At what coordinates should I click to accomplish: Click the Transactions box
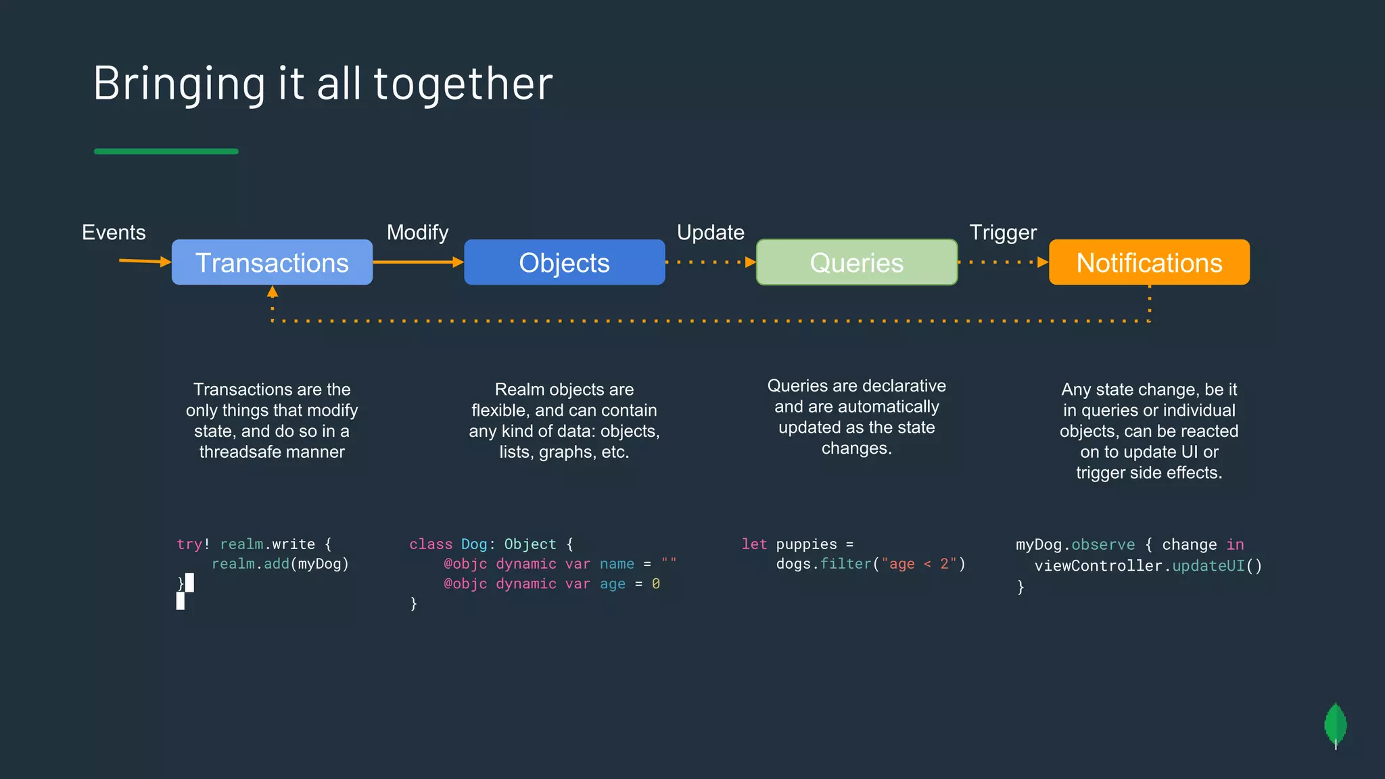click(272, 262)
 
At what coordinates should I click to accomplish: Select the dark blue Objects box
click(564, 262)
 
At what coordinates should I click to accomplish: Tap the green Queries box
click(856, 262)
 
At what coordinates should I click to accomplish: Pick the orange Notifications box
click(1149, 262)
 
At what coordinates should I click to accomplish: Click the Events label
click(114, 233)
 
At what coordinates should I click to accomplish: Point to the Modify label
click(417, 233)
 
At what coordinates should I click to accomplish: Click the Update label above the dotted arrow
click(710, 233)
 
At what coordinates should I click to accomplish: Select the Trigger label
click(1003, 233)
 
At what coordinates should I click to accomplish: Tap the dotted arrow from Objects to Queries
click(710, 262)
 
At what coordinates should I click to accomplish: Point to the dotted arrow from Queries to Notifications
click(1003, 262)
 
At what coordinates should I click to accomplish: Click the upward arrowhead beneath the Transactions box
click(273, 292)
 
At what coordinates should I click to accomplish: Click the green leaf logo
click(1336, 726)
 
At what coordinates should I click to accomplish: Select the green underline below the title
click(166, 151)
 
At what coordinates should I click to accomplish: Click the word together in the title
click(463, 83)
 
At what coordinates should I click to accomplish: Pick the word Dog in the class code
click(474, 544)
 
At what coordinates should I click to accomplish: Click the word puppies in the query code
click(806, 544)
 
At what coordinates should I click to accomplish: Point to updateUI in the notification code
click(1208, 566)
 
